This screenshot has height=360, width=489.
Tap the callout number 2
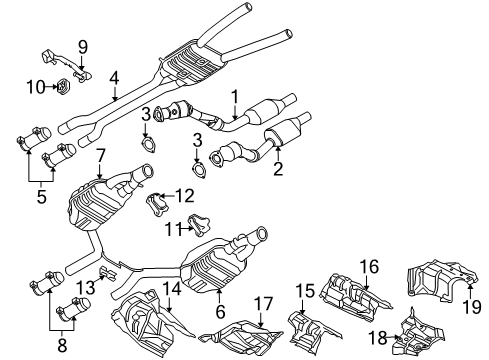pos(276,167)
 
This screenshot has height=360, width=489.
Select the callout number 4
pos(115,76)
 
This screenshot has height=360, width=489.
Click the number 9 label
pos(83,45)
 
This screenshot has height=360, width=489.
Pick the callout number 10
pos(35,86)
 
